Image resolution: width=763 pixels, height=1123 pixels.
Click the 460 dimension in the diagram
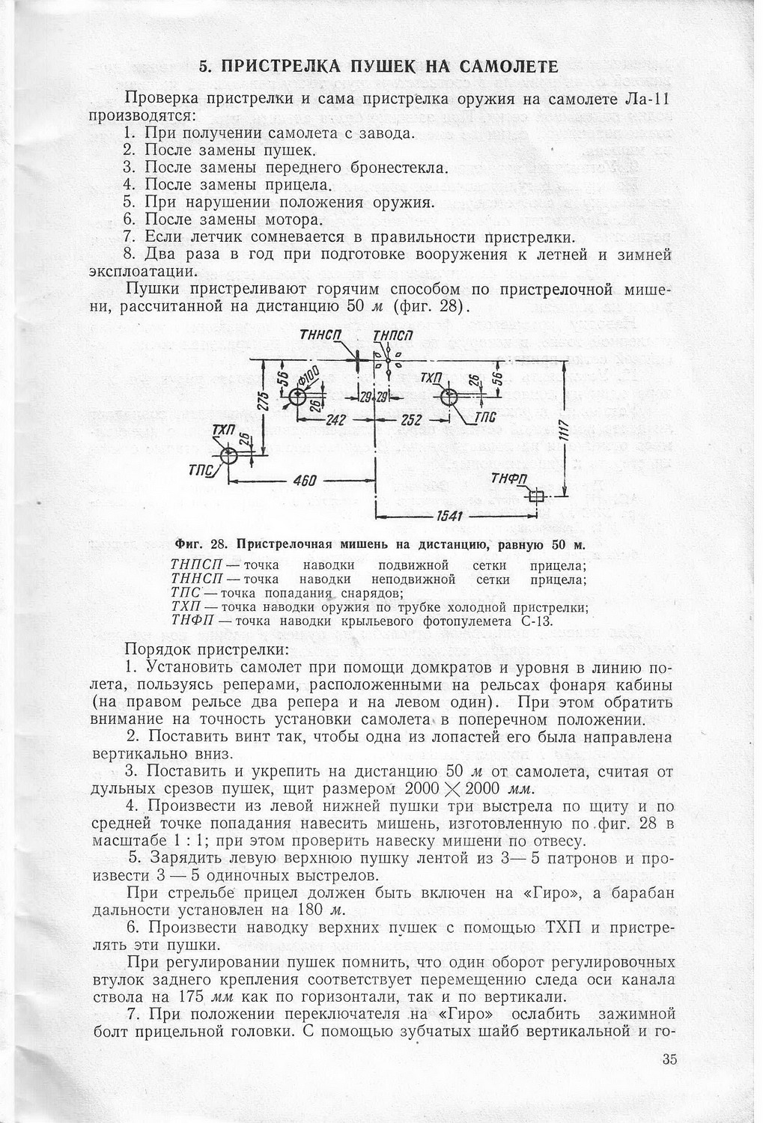(305, 480)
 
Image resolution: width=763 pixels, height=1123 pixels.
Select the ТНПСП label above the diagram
(393, 337)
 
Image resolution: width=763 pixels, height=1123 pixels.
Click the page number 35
(669, 1059)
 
